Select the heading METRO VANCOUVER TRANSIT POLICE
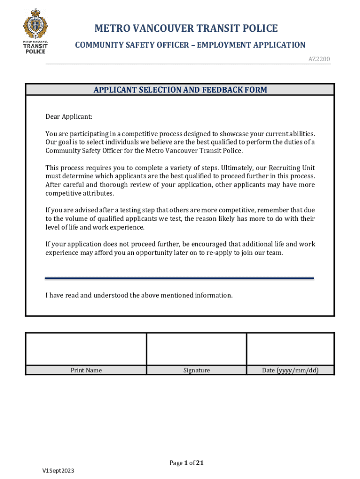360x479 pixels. click(186, 29)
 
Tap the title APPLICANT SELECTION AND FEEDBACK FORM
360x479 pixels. click(180, 90)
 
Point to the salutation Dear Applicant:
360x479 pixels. click(69, 116)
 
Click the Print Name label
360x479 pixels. click(86, 370)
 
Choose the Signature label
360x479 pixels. click(196, 370)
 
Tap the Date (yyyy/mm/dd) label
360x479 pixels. click(290, 370)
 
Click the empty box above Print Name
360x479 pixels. click(86, 349)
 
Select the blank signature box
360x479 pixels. click(196, 349)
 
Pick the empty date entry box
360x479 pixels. click(290, 349)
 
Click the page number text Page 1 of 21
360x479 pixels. click(187, 463)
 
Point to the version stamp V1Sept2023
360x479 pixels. click(58, 471)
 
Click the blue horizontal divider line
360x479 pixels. click(180, 278)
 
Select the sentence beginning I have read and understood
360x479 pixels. click(139, 296)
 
